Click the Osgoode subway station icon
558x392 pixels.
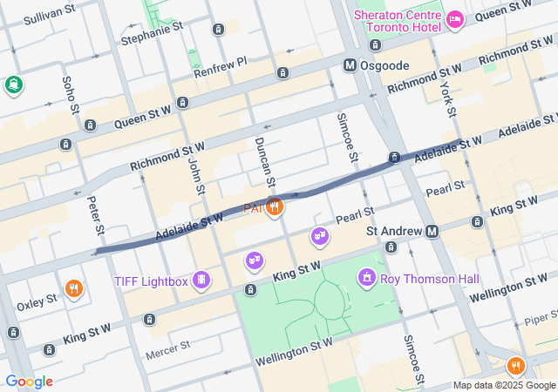pos(350,65)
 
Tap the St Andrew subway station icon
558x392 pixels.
pos(432,231)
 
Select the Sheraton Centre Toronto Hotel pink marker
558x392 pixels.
pos(454,19)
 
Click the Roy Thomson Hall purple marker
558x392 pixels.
pos(367,278)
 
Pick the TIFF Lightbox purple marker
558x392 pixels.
pos(202,280)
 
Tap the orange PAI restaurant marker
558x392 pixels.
pos(275,206)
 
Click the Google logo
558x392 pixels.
pos(29,382)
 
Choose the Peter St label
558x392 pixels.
pos(96,216)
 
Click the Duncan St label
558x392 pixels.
pos(265,161)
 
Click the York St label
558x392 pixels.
pos(446,98)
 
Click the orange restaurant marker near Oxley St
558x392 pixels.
pos(74,288)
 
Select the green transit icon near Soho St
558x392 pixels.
pos(13,84)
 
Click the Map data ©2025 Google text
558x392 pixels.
pos(504,385)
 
